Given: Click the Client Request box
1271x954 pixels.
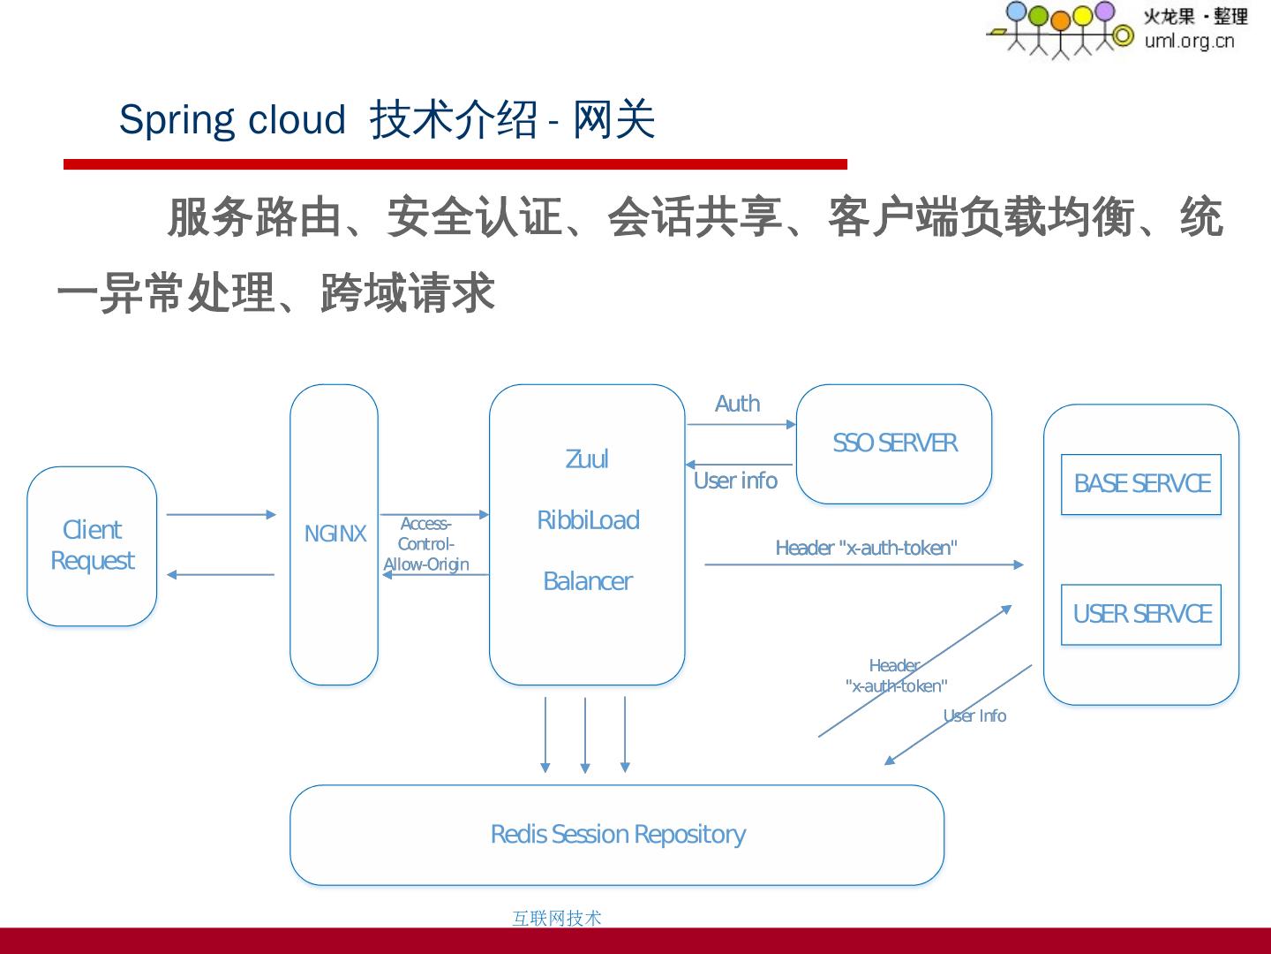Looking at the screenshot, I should coord(92,546).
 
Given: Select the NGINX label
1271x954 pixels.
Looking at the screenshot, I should coord(335,534).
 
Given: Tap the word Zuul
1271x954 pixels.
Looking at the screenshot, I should coord(587,459).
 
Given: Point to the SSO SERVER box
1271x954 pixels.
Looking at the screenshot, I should coord(893,443).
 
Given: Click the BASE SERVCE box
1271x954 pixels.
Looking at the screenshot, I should coord(1140,484).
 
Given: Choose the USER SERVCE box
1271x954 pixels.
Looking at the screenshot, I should coord(1140,614).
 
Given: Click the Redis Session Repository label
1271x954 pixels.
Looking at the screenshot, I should coord(618,834).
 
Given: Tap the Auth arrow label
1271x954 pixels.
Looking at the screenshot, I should coord(737,404).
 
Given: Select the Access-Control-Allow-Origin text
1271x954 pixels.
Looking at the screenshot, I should coord(426,544).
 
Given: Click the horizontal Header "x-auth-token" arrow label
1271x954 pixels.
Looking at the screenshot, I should coord(866,548).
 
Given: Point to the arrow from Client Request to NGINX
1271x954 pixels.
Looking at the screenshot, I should coord(221,514).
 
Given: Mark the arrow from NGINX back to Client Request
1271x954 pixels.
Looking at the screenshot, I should coord(221,574).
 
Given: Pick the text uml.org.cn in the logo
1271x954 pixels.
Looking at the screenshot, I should coord(1189,41).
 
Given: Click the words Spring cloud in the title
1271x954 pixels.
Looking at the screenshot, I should coord(232,119).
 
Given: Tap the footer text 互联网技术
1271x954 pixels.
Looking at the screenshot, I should coord(556,918).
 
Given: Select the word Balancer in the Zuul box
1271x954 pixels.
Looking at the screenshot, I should coord(587,581).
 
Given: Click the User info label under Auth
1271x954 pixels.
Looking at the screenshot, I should coord(735,481).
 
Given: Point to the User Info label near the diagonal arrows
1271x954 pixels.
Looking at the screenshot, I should coord(974,715).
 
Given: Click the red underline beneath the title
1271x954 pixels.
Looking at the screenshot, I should coord(455,164).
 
